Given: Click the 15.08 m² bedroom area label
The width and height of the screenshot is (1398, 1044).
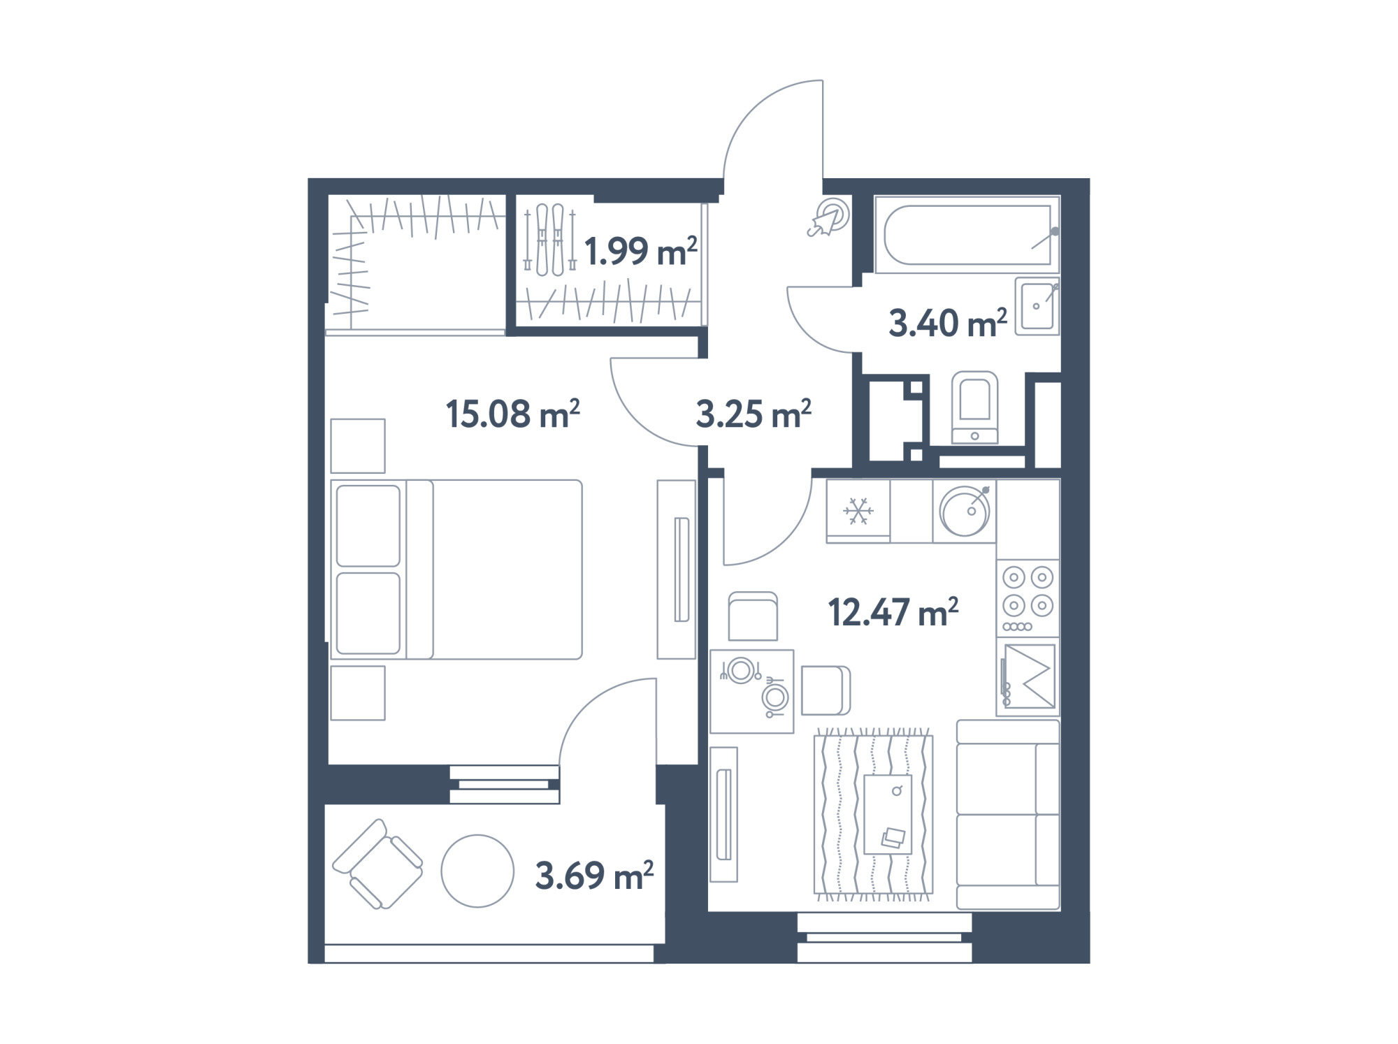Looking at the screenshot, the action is [x=512, y=414].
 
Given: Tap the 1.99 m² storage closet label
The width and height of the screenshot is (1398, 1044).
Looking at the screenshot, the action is [x=640, y=252].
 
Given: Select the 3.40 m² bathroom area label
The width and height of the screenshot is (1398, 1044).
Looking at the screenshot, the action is [x=948, y=324].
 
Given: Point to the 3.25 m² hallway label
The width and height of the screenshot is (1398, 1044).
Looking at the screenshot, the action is [x=754, y=414].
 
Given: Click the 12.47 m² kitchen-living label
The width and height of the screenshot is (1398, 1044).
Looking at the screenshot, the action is [x=893, y=613].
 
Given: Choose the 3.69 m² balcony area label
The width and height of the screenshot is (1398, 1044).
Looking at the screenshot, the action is [x=594, y=876].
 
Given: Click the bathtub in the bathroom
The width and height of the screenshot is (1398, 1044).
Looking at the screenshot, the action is [x=967, y=234].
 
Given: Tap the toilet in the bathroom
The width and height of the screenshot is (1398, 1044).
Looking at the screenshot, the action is [x=975, y=407].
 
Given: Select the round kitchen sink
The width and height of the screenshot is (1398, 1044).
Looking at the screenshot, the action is [x=965, y=511].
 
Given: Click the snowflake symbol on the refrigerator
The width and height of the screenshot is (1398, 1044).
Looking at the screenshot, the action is [x=858, y=511].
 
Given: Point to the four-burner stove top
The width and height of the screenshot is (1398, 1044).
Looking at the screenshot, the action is [x=1028, y=597].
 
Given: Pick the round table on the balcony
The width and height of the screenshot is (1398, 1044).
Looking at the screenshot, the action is [x=477, y=871].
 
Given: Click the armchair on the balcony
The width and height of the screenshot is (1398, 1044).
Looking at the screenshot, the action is [x=377, y=864].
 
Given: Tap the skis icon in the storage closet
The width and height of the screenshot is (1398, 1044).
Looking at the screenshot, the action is [x=549, y=239].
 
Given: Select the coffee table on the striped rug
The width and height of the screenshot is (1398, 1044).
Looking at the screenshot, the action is [x=888, y=814].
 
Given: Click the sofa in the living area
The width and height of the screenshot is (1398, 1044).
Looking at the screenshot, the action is [x=1008, y=815].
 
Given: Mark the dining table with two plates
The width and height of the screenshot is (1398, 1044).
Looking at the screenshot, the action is [x=751, y=691].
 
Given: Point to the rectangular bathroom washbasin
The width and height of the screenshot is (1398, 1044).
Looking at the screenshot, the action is [x=1037, y=305].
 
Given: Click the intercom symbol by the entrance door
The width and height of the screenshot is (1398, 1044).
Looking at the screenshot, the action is [x=830, y=218].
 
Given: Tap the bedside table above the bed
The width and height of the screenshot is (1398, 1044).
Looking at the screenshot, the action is [x=358, y=446].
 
